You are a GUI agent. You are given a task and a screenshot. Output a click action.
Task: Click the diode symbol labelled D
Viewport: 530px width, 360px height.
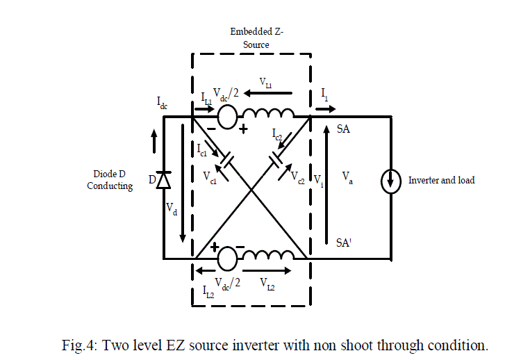(163, 181)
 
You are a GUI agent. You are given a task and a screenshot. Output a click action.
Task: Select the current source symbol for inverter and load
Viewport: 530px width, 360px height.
(391, 181)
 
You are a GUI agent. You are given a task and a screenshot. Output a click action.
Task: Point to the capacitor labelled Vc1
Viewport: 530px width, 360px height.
(224, 164)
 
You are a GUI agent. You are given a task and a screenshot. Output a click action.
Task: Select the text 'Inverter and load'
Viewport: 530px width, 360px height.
(441, 180)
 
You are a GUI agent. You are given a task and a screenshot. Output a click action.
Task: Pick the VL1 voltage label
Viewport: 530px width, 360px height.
(266, 83)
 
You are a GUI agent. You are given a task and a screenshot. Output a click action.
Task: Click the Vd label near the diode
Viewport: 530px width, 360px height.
(172, 208)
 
